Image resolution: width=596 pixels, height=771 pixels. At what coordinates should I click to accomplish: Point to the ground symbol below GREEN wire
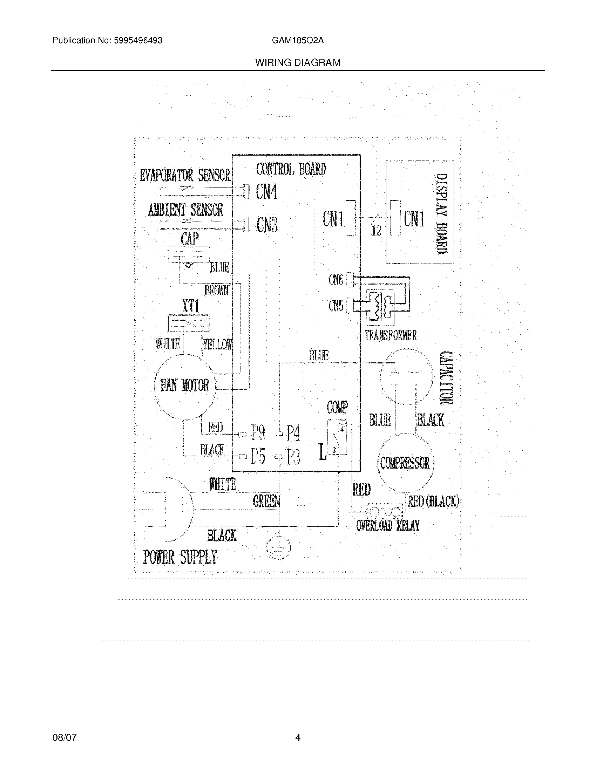278,548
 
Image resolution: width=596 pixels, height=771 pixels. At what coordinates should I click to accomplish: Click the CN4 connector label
266,192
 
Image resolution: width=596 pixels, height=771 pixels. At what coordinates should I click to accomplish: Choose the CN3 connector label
267,225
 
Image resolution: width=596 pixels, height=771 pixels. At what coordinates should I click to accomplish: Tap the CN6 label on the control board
336,280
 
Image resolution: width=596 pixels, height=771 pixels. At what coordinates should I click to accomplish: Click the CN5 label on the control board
336,305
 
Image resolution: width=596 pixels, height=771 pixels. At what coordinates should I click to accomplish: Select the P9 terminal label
258,432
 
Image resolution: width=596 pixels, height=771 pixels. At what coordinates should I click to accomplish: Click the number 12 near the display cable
377,231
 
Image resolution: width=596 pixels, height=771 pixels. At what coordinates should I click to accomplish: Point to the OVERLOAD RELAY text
387,526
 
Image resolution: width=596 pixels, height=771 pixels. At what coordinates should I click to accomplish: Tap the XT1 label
191,306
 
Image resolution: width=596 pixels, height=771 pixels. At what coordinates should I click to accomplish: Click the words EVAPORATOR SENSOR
185,176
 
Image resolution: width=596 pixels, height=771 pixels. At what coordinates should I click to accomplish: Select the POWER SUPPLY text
180,558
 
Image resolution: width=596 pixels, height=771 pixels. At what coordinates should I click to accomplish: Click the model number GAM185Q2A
298,41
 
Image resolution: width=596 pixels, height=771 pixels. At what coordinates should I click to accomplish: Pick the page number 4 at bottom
298,737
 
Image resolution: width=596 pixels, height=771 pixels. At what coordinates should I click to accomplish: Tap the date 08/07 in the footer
64,737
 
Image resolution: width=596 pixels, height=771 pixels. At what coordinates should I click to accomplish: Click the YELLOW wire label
217,344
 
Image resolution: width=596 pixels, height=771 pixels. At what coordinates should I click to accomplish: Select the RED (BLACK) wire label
433,501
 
